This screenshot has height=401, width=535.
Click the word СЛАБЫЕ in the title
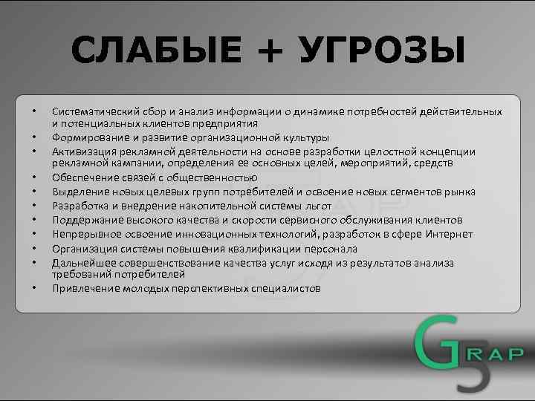pyautogui.click(x=157, y=51)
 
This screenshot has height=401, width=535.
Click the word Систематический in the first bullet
pyautogui.click(x=95, y=111)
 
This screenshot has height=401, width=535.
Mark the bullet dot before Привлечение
pyautogui.click(x=34, y=288)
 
